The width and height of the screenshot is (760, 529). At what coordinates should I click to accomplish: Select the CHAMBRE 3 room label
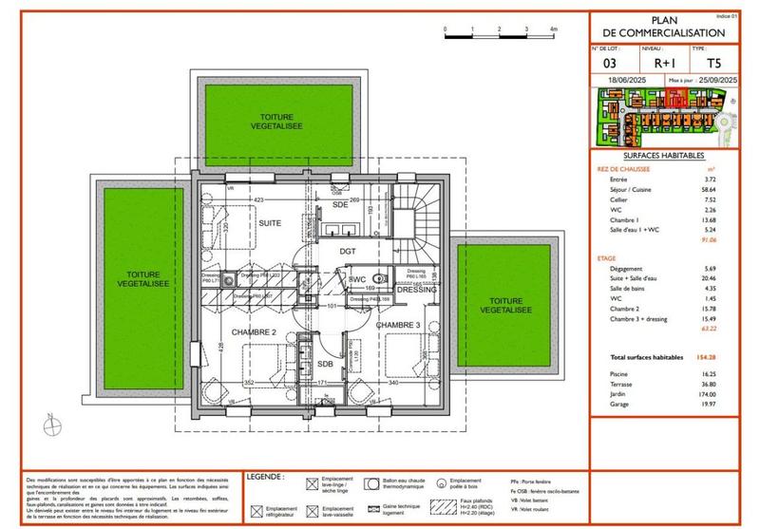pyautogui.click(x=398, y=325)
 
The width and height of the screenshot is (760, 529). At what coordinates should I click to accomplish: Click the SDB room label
pyautogui.click(x=325, y=364)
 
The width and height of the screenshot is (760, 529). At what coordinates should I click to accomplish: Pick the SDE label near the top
pyautogui.click(x=339, y=204)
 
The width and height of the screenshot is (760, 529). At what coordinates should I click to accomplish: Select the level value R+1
pyautogui.click(x=651, y=64)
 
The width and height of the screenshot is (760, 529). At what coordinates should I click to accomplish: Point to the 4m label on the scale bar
pyautogui.click(x=552, y=29)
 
